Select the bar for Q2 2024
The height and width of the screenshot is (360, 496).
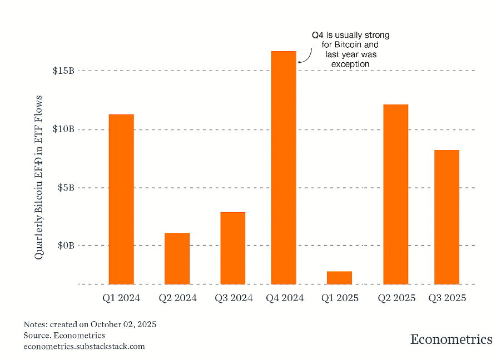(x=177, y=258)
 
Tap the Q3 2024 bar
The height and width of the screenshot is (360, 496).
(x=232, y=248)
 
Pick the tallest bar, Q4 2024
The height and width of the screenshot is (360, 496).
(x=284, y=167)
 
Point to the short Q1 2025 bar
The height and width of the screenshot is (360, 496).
(x=339, y=277)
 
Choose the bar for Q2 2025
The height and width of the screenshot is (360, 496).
(x=395, y=194)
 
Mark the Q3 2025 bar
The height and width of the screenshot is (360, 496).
(x=447, y=217)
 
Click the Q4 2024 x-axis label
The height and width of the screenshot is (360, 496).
(x=284, y=298)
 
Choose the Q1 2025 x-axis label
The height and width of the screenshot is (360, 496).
(x=340, y=298)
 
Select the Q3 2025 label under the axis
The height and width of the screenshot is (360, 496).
(x=447, y=298)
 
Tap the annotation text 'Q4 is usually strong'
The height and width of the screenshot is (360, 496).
(x=350, y=35)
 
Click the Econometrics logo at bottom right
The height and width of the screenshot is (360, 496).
(x=451, y=339)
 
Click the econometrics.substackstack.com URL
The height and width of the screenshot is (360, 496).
(x=84, y=346)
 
